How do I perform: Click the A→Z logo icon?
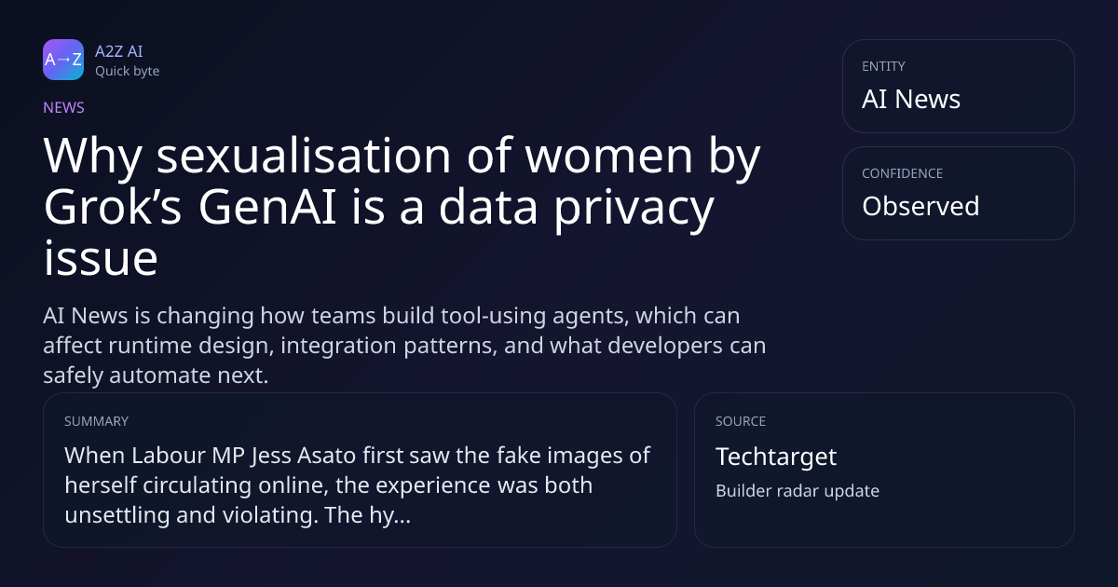point(63,60)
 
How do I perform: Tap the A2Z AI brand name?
point(119,51)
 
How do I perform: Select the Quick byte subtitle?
point(128,72)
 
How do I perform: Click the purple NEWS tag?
point(63,107)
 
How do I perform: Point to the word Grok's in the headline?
point(113,207)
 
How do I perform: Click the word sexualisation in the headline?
point(304,156)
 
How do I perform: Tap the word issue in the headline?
point(101,258)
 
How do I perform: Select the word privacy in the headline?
point(634,211)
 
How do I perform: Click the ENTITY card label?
point(883,66)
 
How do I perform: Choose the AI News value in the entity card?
point(911,99)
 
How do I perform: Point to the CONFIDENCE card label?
point(903,173)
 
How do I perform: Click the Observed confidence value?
point(920,206)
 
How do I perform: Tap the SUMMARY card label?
point(96,421)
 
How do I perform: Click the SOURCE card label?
point(741,421)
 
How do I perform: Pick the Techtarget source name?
point(776,457)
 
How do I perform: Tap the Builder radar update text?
point(798,491)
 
